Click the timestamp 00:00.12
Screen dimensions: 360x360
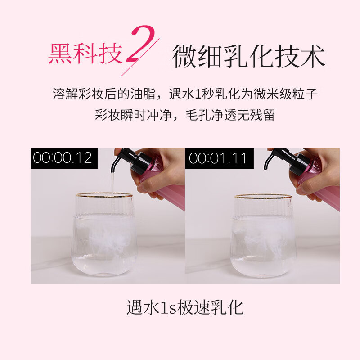pyautogui.click(x=63, y=158)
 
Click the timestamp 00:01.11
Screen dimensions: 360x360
pyautogui.click(x=218, y=158)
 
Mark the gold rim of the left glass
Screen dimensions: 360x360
pyautogui.click(x=104, y=195)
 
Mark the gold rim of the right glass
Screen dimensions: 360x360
pyautogui.click(x=263, y=196)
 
